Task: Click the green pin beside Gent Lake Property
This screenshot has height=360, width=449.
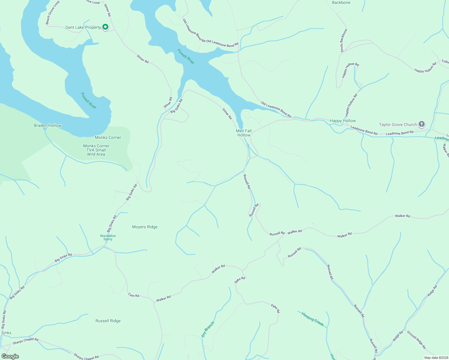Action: pos(105,27)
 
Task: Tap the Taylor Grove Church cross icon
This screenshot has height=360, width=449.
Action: pos(422,124)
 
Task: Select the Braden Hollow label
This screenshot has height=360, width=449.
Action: pos(47,125)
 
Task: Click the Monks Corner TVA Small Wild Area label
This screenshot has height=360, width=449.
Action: pos(96,150)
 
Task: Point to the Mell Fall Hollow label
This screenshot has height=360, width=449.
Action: pos(244,133)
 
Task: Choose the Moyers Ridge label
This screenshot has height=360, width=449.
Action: pos(145,227)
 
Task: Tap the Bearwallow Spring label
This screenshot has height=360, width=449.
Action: pos(108,237)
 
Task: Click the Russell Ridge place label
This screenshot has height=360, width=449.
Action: pos(108,321)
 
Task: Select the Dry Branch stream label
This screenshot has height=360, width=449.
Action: pos(208,329)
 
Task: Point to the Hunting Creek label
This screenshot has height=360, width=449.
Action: pos(312,319)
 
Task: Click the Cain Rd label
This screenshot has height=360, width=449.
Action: pos(134,295)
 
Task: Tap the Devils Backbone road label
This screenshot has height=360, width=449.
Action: pos(344,41)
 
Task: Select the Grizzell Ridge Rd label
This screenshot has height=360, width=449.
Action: pos(416,340)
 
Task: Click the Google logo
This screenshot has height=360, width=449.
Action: pos(10,356)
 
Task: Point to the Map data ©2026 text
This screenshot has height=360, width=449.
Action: pos(435,357)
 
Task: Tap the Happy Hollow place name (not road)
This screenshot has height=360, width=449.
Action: pos(342,121)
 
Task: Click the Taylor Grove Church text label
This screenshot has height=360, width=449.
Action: pos(398,124)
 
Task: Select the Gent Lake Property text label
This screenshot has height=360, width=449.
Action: pos(83,27)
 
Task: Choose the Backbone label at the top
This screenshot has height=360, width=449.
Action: pos(341,2)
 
